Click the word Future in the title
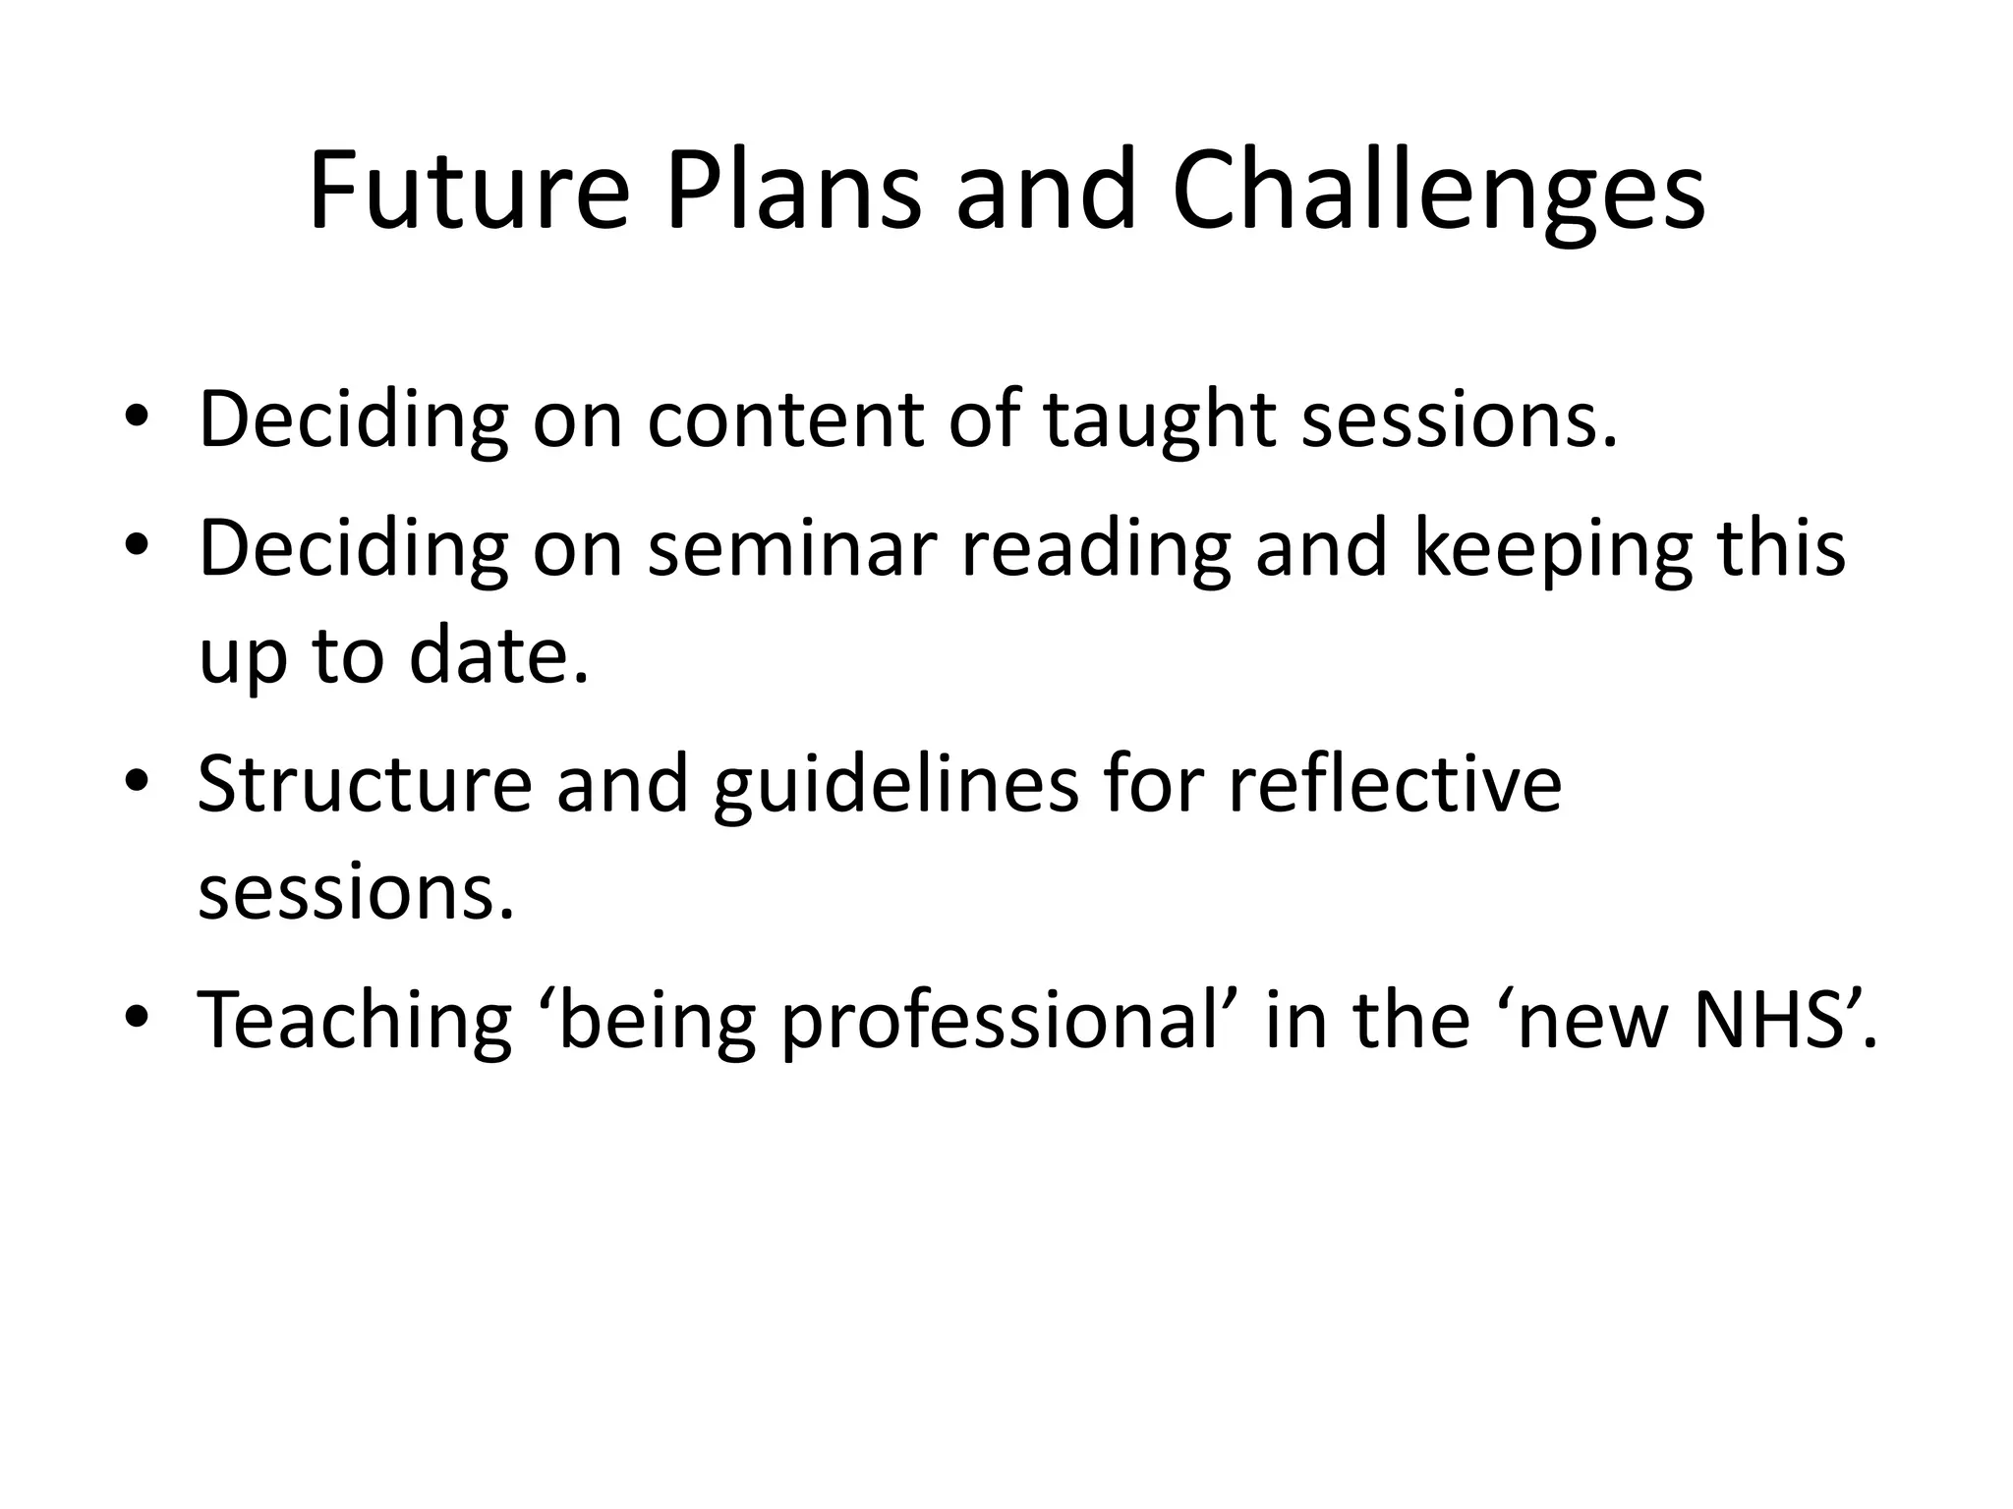coord(468,191)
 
